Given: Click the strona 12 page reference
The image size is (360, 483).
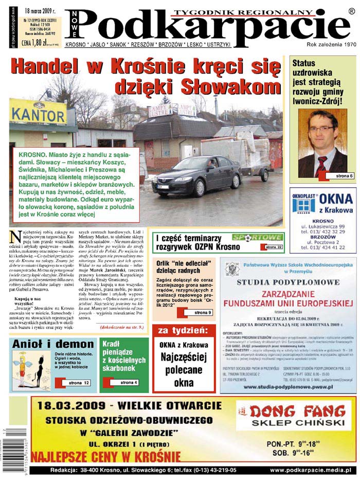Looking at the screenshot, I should tap(77, 383).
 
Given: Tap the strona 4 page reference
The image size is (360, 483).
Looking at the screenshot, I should tap(125, 383).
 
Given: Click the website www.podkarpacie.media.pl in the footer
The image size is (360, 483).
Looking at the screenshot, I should tap(310, 470).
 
